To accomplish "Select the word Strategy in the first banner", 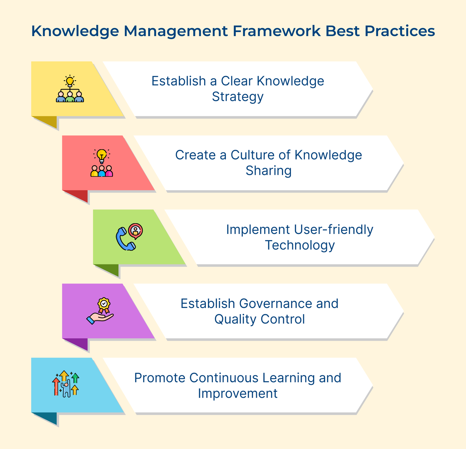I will point(238,96).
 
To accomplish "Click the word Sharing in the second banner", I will point(269,170).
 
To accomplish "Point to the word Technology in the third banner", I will point(300,245).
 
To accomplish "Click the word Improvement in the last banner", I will point(238,393).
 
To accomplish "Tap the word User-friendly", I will point(333,230).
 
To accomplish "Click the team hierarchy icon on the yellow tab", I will point(70,89).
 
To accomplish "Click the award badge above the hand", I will point(104,304).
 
